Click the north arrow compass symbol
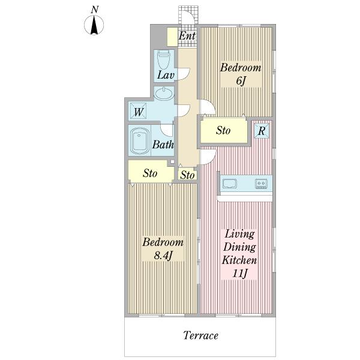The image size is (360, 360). (94, 25)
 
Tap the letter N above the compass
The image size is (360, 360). (94, 10)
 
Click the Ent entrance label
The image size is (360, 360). (187, 36)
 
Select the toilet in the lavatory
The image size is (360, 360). (163, 59)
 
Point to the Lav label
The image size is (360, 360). (166, 75)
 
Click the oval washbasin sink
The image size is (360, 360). (164, 94)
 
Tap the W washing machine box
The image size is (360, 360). (139, 112)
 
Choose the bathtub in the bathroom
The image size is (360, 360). (140, 141)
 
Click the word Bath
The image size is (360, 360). (163, 145)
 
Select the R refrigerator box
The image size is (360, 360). (262, 131)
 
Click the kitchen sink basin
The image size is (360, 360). (230, 184)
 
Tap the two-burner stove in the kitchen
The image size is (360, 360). (261, 184)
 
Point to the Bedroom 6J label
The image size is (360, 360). (241, 74)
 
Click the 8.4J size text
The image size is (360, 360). (163, 256)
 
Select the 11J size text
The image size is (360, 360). (239, 273)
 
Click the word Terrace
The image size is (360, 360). (200, 335)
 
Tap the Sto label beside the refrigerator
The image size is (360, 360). (223, 130)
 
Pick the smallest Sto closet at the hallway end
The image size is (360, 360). (187, 175)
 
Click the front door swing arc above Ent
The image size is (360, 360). (193, 15)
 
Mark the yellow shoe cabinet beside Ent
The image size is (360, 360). (172, 37)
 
